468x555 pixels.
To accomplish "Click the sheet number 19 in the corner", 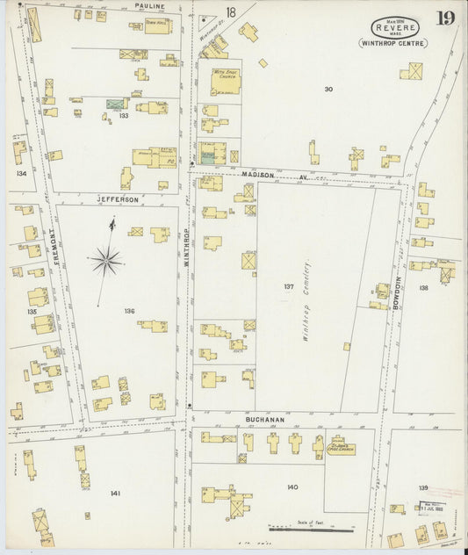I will [x=446, y=18].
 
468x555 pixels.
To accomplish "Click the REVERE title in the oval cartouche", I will [x=387, y=27].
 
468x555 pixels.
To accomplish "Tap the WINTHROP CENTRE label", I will [x=392, y=42].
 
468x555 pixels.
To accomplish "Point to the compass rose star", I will [x=105, y=258].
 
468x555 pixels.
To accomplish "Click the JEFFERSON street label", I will [x=118, y=200].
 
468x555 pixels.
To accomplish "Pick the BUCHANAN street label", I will [x=264, y=420].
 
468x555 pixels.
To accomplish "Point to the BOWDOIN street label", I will [x=397, y=290].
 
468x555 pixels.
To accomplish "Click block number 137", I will [x=288, y=286].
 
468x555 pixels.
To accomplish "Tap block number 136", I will [x=129, y=310].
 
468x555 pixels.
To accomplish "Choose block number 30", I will [x=328, y=89].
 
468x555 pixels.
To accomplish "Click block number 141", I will [x=114, y=494].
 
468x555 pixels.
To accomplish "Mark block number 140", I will [x=292, y=487].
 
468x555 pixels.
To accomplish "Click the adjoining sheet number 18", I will [x=230, y=12].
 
